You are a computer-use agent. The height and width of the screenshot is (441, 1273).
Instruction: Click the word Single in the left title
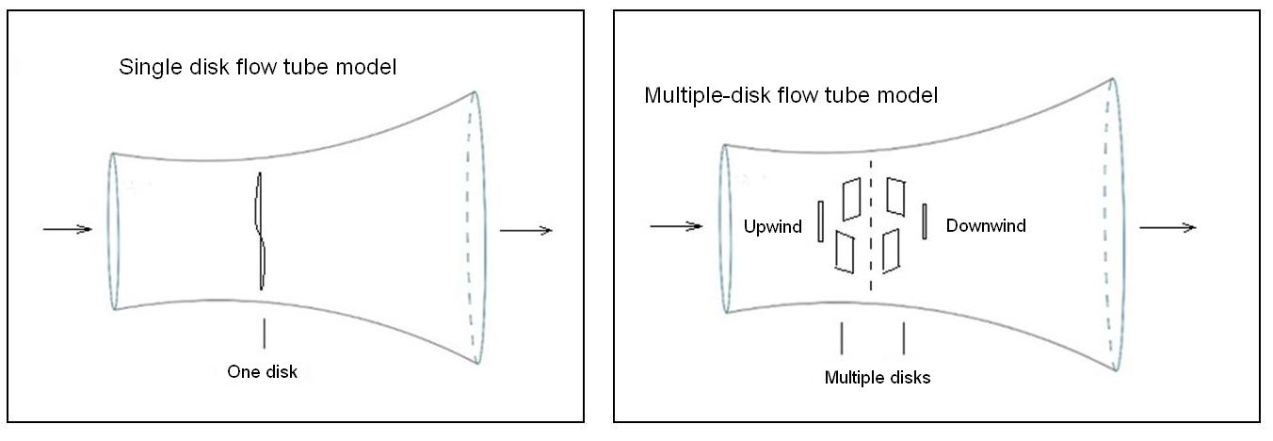pos(145,68)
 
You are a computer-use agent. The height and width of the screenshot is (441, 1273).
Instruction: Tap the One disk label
pos(262,371)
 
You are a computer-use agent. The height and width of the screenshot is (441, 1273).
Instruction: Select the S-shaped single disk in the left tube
pos(261,231)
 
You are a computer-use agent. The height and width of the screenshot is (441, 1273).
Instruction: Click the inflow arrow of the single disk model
pos(68,230)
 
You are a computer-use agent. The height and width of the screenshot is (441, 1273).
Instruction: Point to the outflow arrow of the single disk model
pos(525,230)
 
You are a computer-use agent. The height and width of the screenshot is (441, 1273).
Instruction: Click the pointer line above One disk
pos(264,334)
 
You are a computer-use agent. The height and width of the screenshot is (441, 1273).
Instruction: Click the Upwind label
pos(772,226)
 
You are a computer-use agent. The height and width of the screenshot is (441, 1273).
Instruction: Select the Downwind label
pos(986,226)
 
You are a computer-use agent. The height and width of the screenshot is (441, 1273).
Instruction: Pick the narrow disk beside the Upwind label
pos(821,221)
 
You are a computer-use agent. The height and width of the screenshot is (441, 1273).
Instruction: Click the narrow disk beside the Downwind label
pos(925,221)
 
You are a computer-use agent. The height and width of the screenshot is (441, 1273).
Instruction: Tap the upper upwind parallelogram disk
pos(852,197)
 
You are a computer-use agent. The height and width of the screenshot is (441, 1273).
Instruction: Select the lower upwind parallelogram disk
pos(844,253)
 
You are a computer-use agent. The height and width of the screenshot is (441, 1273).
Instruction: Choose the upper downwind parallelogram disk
pos(895,195)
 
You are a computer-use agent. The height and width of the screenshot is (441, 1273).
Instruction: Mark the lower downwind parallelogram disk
pos(891,251)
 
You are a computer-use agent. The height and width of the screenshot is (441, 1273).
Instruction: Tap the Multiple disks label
pos(877,378)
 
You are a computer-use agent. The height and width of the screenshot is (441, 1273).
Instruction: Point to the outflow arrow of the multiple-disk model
pos(1168,227)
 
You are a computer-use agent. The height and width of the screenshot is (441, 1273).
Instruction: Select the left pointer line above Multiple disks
pos(841,338)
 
